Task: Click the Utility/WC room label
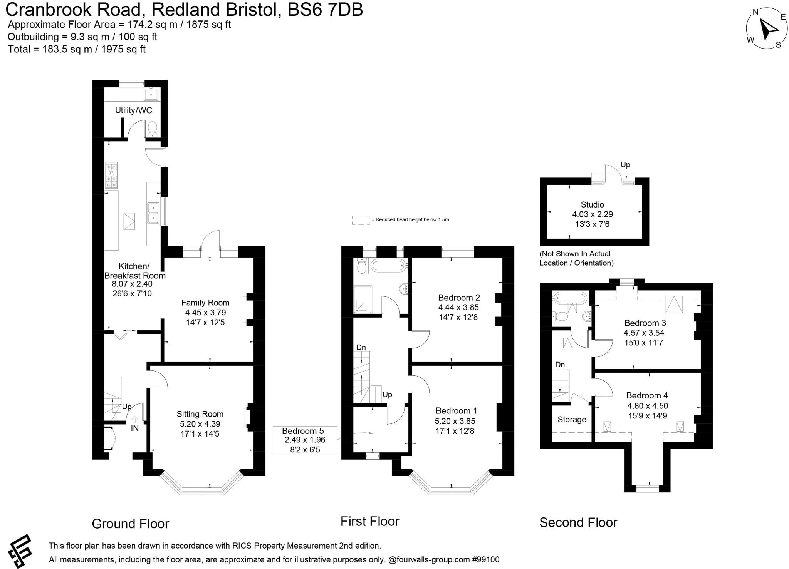pyautogui.click(x=134, y=110)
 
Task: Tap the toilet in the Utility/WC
pyautogui.click(x=153, y=129)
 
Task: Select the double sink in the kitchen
pyautogui.click(x=153, y=213)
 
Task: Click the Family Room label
pyautogui.click(x=205, y=303)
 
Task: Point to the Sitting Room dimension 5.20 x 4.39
pyautogui.click(x=200, y=424)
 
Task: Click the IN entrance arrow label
pyautogui.click(x=134, y=428)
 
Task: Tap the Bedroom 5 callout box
pyautogui.click(x=305, y=440)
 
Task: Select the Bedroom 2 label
pyautogui.click(x=459, y=298)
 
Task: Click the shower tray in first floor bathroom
pyautogui.click(x=363, y=299)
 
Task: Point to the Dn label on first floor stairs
pyautogui.click(x=361, y=347)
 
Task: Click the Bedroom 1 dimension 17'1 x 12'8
pyautogui.click(x=455, y=431)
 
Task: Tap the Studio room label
pyautogui.click(x=592, y=204)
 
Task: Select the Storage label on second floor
pyautogui.click(x=572, y=419)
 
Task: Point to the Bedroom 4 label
pyautogui.click(x=647, y=395)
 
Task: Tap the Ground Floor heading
pyautogui.click(x=130, y=524)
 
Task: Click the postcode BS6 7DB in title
pyautogui.click(x=325, y=9)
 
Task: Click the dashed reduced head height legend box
pyautogui.click(x=361, y=220)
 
